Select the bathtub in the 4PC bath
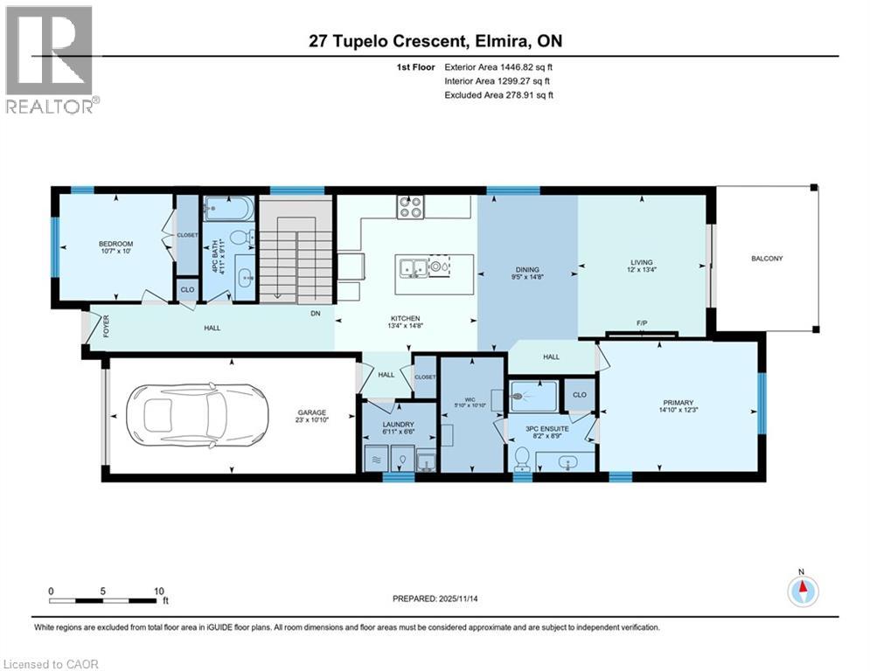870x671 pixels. (x=229, y=209)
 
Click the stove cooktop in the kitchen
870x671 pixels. (x=410, y=207)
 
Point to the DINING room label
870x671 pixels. (x=526, y=270)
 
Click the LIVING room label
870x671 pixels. (x=642, y=262)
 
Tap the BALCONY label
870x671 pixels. (x=766, y=258)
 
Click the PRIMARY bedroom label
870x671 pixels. (x=678, y=403)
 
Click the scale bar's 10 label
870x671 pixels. (x=158, y=591)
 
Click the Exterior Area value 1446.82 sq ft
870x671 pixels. (x=516, y=66)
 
